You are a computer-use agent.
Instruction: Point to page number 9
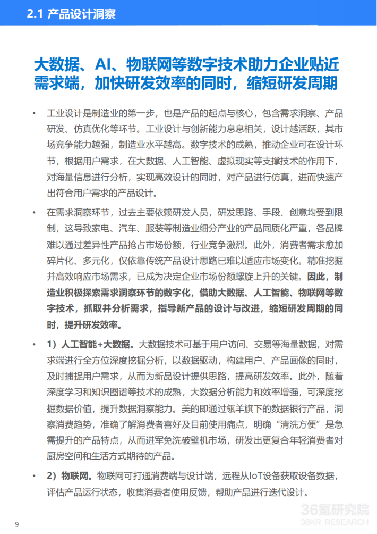point(18,524)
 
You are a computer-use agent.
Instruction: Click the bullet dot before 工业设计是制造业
point(33,113)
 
